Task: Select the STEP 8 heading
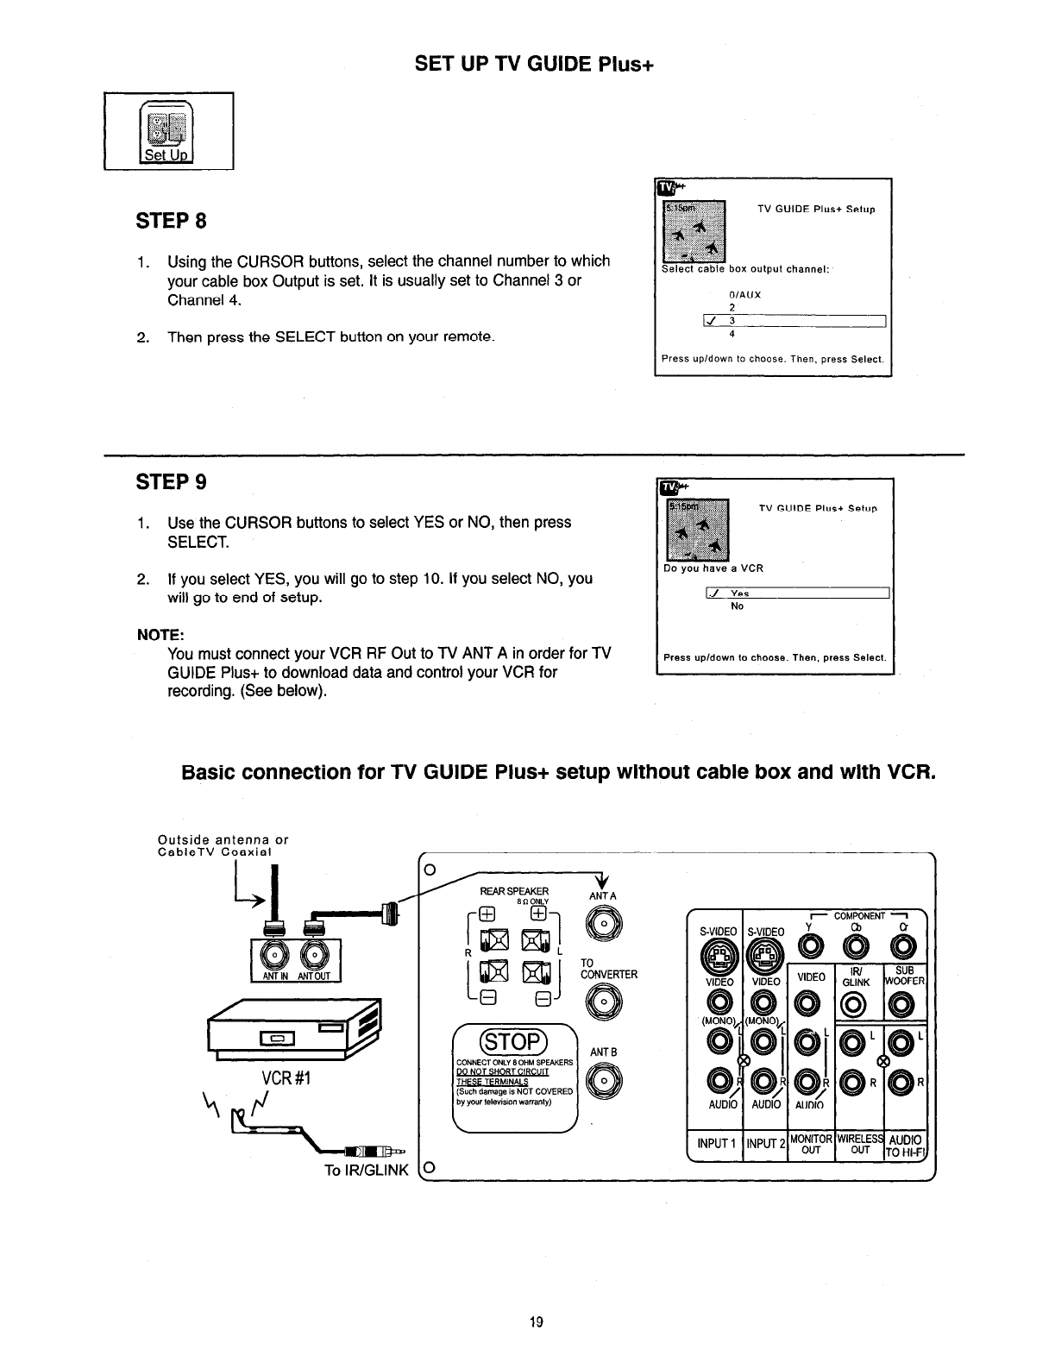(172, 221)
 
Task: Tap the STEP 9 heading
(172, 481)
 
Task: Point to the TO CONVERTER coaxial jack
(603, 1002)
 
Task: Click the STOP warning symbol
(514, 1038)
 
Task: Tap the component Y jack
(810, 948)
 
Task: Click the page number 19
(535, 1322)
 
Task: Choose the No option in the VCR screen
(737, 606)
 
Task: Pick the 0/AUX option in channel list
(734, 294)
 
